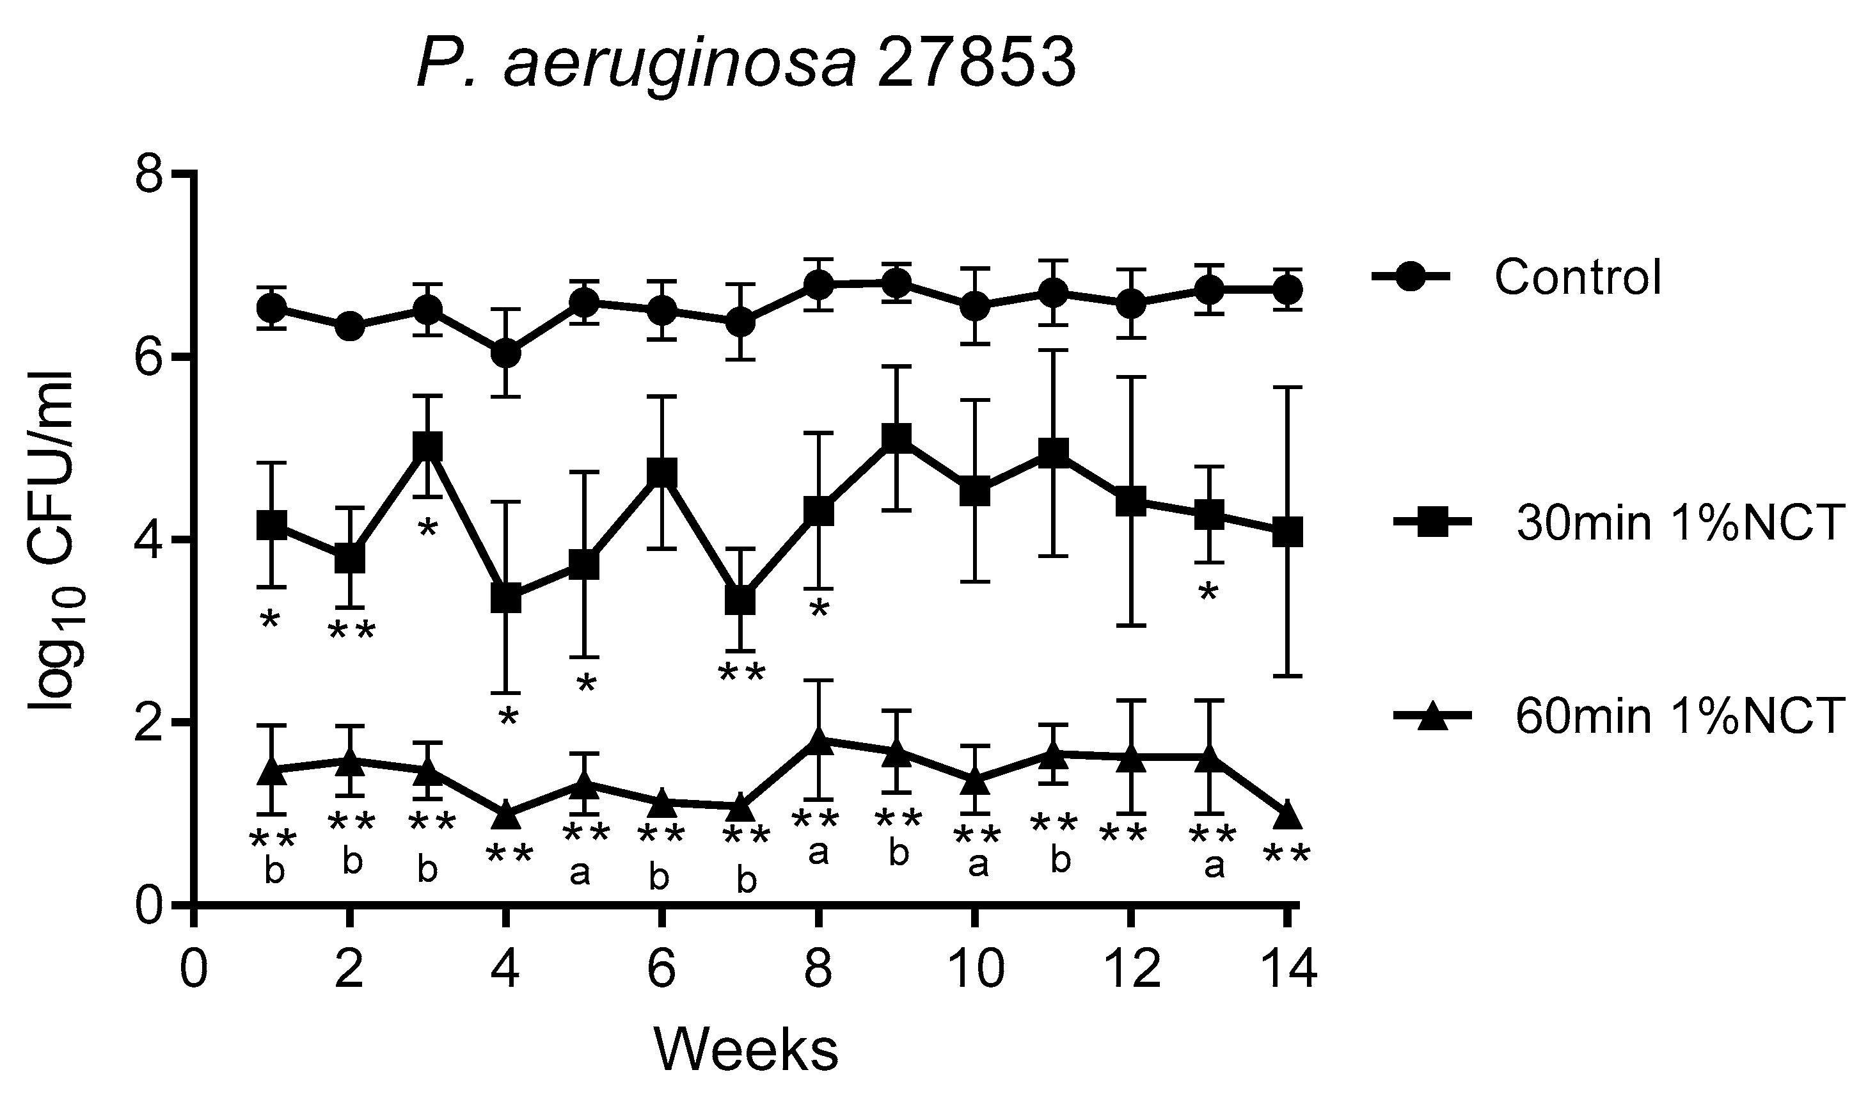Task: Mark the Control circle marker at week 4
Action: coord(506,354)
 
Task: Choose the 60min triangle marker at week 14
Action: coord(1288,816)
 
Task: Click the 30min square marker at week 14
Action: coord(1288,532)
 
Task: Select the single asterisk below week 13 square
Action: coord(1209,594)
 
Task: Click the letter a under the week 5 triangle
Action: coord(580,874)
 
